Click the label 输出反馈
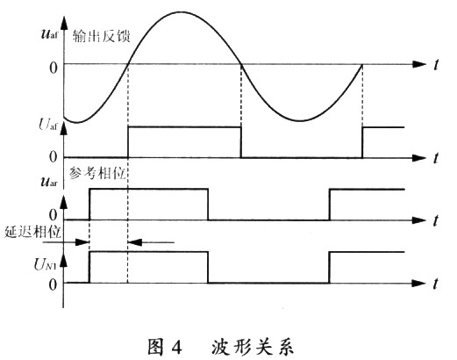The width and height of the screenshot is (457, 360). (101, 36)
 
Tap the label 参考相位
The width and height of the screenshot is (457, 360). (97, 174)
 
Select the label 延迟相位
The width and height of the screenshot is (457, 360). (32, 233)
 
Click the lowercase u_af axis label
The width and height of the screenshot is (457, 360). (49, 33)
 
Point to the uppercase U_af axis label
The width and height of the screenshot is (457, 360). (48, 125)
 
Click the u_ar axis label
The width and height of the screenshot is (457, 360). (49, 182)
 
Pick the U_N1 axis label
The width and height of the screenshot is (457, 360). (48, 265)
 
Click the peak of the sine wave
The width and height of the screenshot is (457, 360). (182, 12)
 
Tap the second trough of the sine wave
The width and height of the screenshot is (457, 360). (301, 120)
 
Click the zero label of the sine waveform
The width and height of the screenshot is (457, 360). (54, 68)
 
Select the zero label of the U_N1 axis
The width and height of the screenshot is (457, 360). (53, 284)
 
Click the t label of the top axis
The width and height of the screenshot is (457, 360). (436, 65)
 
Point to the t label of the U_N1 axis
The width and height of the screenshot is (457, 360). (436, 284)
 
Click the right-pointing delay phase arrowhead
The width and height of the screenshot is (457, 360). (82, 242)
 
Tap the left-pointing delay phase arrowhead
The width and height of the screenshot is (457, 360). (135, 242)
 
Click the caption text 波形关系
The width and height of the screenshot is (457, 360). (252, 347)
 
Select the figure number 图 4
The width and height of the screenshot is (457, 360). (165, 347)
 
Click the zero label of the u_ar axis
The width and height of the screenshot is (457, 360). (53, 215)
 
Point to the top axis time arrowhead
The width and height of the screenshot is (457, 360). (418, 64)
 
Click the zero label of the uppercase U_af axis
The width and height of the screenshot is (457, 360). (54, 157)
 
